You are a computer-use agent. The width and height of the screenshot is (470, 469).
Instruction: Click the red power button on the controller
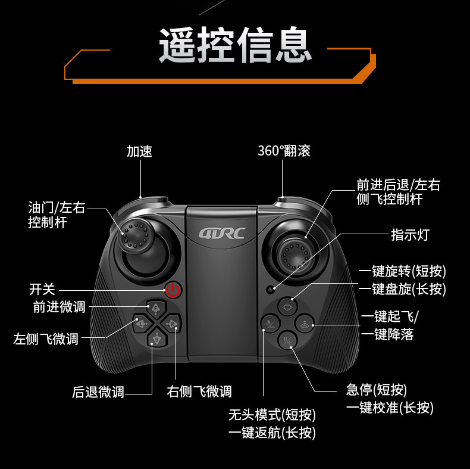173,290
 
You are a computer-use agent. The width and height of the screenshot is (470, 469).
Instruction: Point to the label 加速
139,151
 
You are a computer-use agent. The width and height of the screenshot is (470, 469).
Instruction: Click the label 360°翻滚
284,151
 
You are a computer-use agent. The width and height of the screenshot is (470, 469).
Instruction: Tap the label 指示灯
409,235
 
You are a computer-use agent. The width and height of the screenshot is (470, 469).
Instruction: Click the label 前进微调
59,307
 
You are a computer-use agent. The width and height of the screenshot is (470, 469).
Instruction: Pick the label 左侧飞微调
46,339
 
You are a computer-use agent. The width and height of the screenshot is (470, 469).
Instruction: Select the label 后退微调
98,392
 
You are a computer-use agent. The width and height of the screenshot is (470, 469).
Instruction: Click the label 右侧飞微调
199,392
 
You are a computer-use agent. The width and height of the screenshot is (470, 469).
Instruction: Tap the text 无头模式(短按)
272,415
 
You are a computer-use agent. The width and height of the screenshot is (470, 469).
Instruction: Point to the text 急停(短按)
376,390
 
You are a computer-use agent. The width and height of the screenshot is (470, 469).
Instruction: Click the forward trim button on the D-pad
156,308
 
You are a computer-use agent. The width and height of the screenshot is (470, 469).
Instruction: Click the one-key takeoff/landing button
304,325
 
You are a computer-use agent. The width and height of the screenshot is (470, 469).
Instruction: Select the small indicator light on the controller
271,290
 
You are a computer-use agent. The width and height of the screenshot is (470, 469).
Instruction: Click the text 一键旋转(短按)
402,272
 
